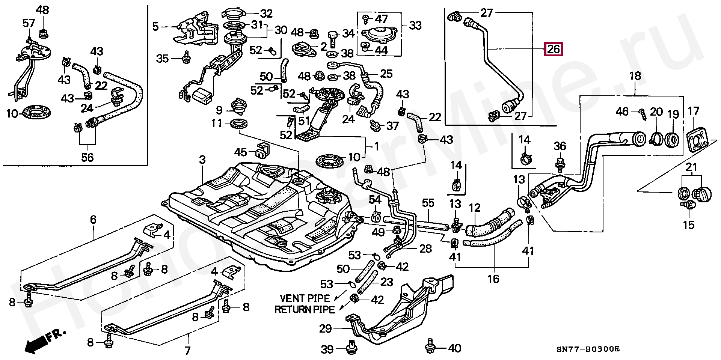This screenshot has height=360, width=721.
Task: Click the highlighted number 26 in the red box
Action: [x=554, y=49]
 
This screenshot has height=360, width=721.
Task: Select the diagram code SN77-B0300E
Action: [x=587, y=349]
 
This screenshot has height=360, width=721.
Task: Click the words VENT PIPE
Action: [x=305, y=298]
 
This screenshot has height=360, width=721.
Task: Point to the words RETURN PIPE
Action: [x=305, y=310]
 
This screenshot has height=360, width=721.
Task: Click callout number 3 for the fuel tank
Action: [x=202, y=160]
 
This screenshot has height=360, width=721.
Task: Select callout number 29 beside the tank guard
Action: [x=325, y=329]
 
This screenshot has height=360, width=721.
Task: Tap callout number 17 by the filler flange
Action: [x=693, y=111]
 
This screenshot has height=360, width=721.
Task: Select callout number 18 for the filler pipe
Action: [x=635, y=76]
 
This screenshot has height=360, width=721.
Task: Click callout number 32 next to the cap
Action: [x=266, y=14]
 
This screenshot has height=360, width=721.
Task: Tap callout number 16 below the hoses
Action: [x=493, y=279]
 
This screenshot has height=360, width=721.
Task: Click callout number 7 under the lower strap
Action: [x=187, y=351]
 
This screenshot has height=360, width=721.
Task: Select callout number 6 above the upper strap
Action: [x=93, y=220]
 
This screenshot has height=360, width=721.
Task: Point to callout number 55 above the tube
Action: [x=428, y=203]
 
